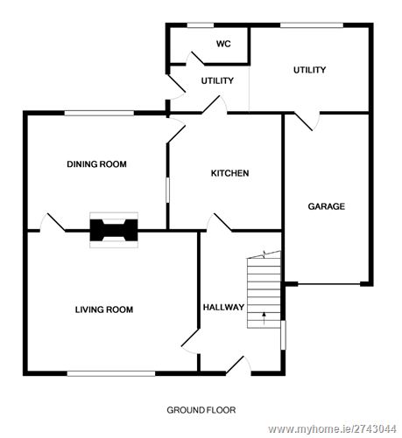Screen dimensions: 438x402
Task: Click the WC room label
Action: tap(222, 44)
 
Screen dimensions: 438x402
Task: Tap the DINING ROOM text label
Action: tap(97, 163)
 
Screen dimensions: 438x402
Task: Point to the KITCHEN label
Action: tap(229, 173)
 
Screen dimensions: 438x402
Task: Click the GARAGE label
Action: tap(326, 206)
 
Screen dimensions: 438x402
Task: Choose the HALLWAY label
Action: tap(223, 307)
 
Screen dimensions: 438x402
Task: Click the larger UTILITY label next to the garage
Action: tap(309, 70)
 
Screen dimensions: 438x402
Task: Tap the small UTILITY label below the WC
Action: tap(217, 80)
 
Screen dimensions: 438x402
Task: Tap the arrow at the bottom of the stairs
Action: tap(264, 314)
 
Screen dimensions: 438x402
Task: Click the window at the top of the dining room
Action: tap(98, 113)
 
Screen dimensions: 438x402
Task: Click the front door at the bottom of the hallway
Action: tap(236, 365)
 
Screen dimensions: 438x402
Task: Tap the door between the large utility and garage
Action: tap(307, 120)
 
